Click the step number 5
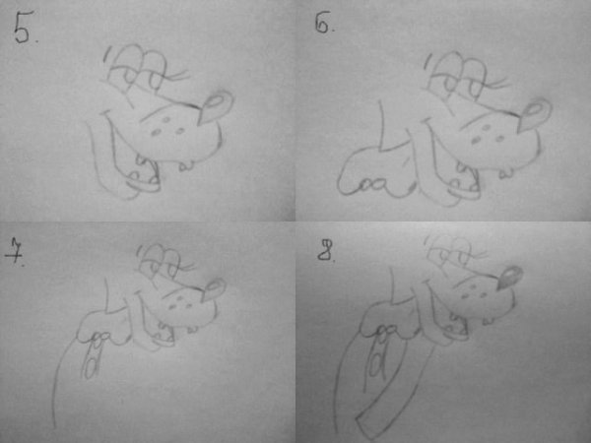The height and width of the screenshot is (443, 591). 24,28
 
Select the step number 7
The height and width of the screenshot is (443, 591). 14,250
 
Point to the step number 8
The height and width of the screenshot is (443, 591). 326,251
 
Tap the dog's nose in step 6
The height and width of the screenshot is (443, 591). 535,114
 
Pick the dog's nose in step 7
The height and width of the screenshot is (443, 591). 214,289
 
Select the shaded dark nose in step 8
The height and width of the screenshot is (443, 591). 510,278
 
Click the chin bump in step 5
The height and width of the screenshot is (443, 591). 186,165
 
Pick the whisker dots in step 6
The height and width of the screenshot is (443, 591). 488,134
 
